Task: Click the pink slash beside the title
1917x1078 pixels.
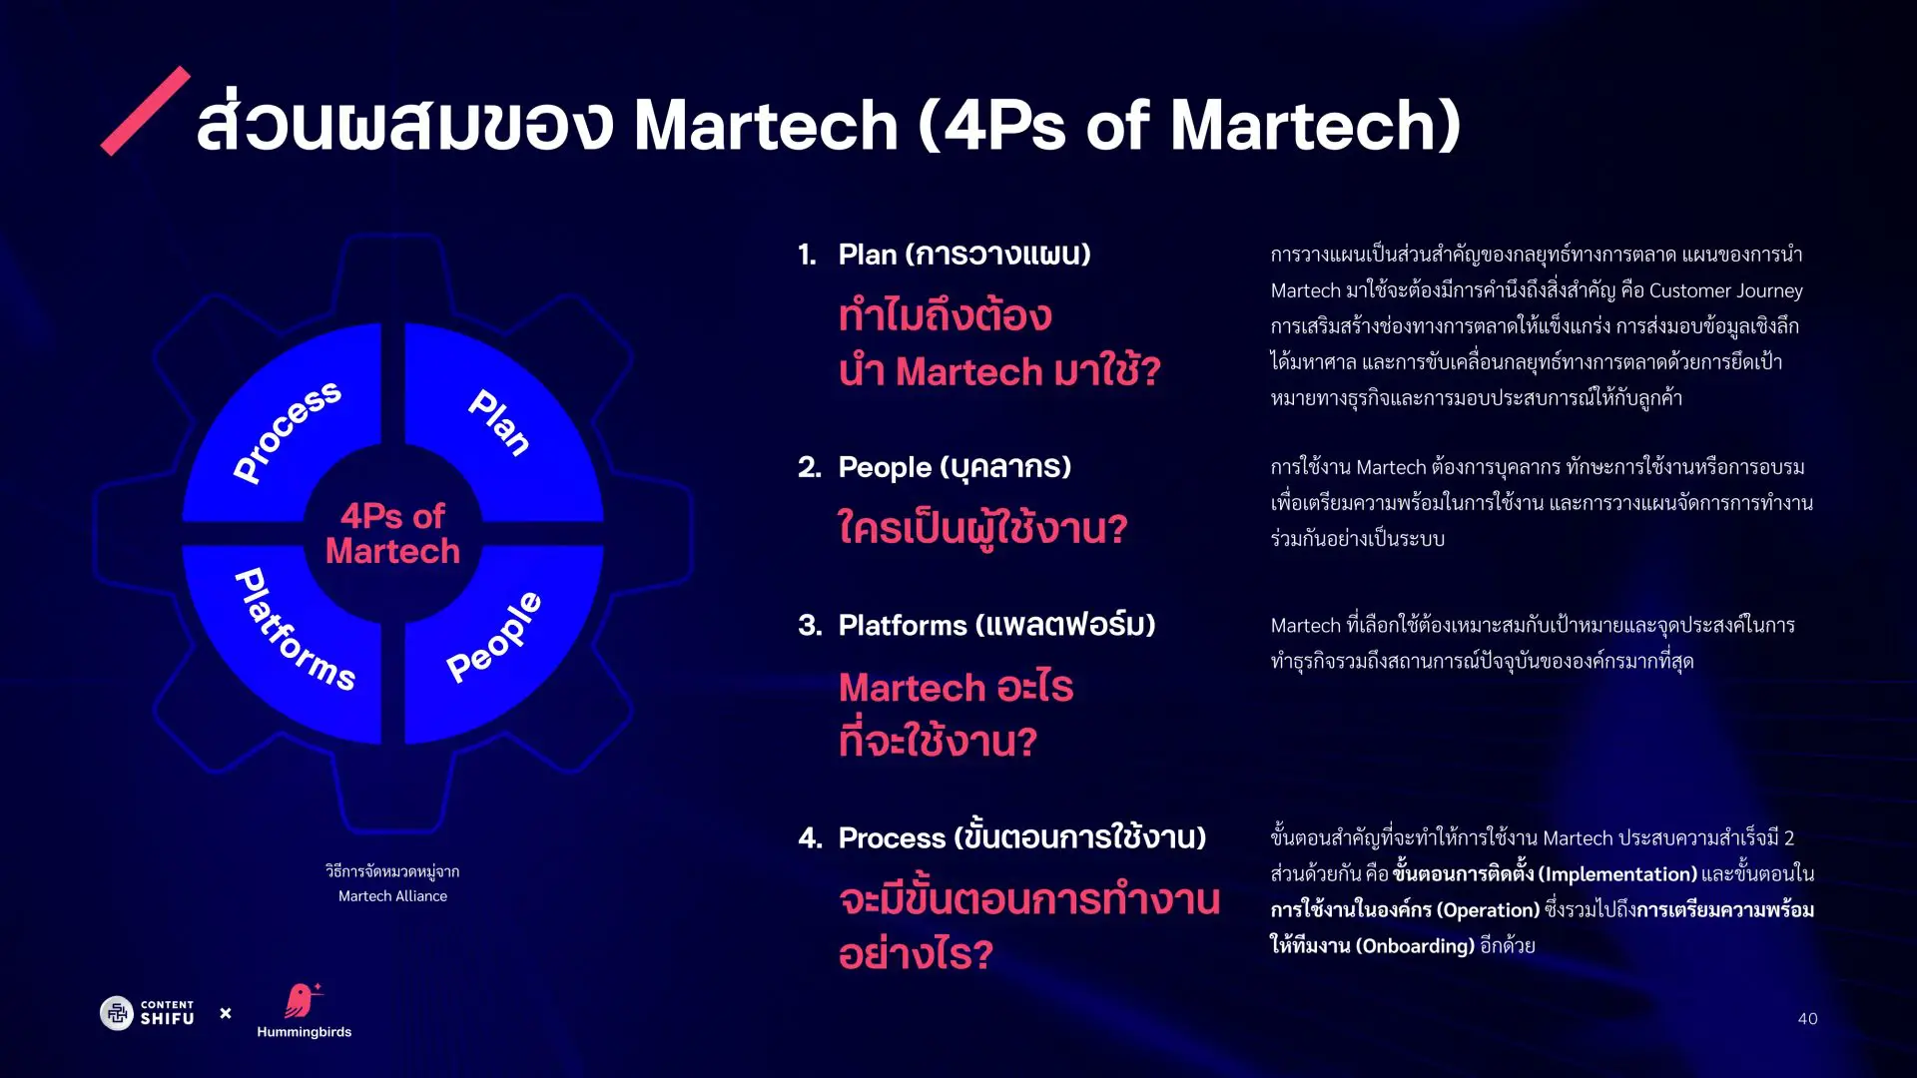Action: coord(146,111)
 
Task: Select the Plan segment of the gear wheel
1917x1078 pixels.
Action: coord(499,423)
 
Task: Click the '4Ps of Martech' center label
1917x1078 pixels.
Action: coord(392,533)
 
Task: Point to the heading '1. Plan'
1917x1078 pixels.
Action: coord(944,255)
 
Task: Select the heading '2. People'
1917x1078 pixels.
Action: coord(934,467)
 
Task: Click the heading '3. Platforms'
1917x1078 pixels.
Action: coord(975,625)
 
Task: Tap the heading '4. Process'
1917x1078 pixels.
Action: coord(1001,837)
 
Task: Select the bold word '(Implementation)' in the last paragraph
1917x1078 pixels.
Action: coord(1617,874)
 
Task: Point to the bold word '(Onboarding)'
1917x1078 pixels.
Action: coord(1415,946)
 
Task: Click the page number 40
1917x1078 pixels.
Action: coord(1807,1018)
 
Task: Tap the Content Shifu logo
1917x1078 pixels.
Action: coord(148,1013)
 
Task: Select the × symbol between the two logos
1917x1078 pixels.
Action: coord(226,1013)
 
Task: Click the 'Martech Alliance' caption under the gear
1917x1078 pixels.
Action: coord(392,896)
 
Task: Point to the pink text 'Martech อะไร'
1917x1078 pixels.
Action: coord(956,688)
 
